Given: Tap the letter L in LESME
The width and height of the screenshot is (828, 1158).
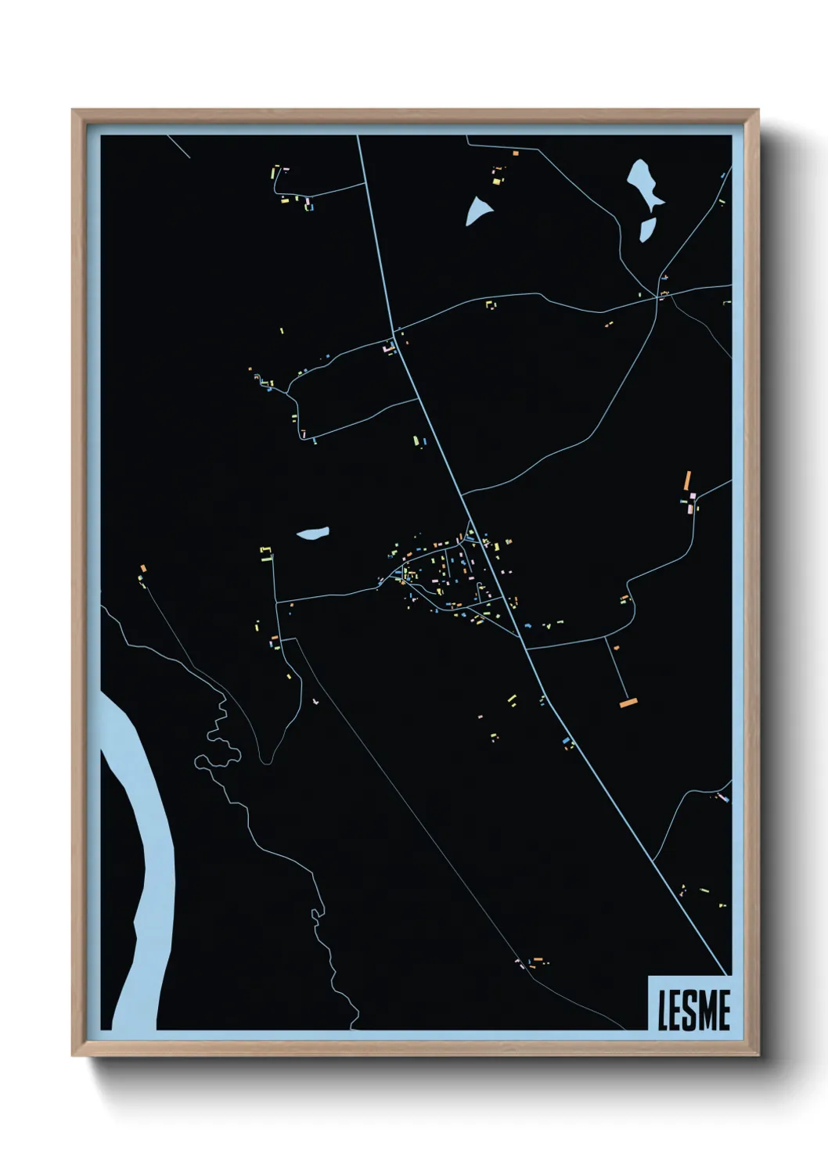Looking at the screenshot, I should (x=664, y=1010).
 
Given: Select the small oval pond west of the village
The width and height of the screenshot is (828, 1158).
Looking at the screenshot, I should (x=312, y=534).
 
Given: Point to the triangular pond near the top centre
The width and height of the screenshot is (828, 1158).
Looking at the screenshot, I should (x=478, y=210).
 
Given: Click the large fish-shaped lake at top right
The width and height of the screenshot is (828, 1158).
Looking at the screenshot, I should (x=645, y=184).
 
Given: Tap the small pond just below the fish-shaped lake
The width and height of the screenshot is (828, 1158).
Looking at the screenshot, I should (x=647, y=229).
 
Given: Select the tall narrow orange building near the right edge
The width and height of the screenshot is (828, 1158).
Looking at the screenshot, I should (x=687, y=480).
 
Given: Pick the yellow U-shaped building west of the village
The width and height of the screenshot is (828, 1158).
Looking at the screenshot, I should (x=266, y=554).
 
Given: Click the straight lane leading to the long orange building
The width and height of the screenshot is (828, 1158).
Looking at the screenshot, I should (x=617, y=669).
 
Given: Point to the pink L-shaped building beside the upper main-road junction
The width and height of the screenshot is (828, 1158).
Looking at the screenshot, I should (x=387, y=347).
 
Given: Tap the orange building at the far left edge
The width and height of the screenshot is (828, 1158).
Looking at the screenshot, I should (x=143, y=568).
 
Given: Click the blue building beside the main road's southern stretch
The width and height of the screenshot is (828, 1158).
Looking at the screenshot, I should (x=565, y=739).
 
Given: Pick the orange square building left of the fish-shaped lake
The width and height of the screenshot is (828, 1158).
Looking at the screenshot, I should (x=515, y=153).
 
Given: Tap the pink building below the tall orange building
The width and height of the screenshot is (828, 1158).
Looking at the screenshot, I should (x=690, y=509).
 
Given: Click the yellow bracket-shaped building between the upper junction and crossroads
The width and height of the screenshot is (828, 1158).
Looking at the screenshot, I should (x=491, y=304).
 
